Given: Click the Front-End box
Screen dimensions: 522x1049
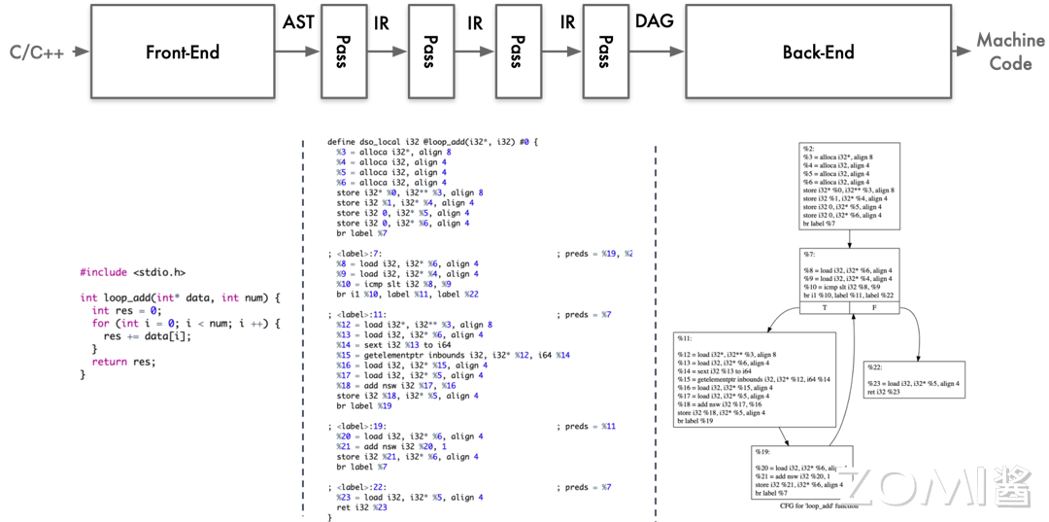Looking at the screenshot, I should [183, 52].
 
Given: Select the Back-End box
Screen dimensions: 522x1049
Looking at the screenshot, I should [818, 52].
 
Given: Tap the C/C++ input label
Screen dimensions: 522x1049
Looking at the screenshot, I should [37, 52].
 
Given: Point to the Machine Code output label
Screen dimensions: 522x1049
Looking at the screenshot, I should [1010, 52].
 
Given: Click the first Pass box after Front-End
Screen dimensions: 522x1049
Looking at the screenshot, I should [342, 52].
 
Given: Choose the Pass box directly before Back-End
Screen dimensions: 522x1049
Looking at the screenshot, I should [604, 52].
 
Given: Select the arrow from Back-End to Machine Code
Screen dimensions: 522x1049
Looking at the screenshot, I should [964, 52].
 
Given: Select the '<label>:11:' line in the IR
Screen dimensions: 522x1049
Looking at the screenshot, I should [359, 315].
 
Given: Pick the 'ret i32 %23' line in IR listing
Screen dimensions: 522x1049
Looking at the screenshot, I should [361, 506].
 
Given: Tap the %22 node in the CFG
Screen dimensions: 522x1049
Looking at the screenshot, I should [914, 374].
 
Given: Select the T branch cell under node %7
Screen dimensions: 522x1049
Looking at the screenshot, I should [824, 309].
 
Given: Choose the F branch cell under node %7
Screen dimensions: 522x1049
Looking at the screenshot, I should [876, 309].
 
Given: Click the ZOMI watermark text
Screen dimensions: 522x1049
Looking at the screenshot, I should [923, 485].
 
